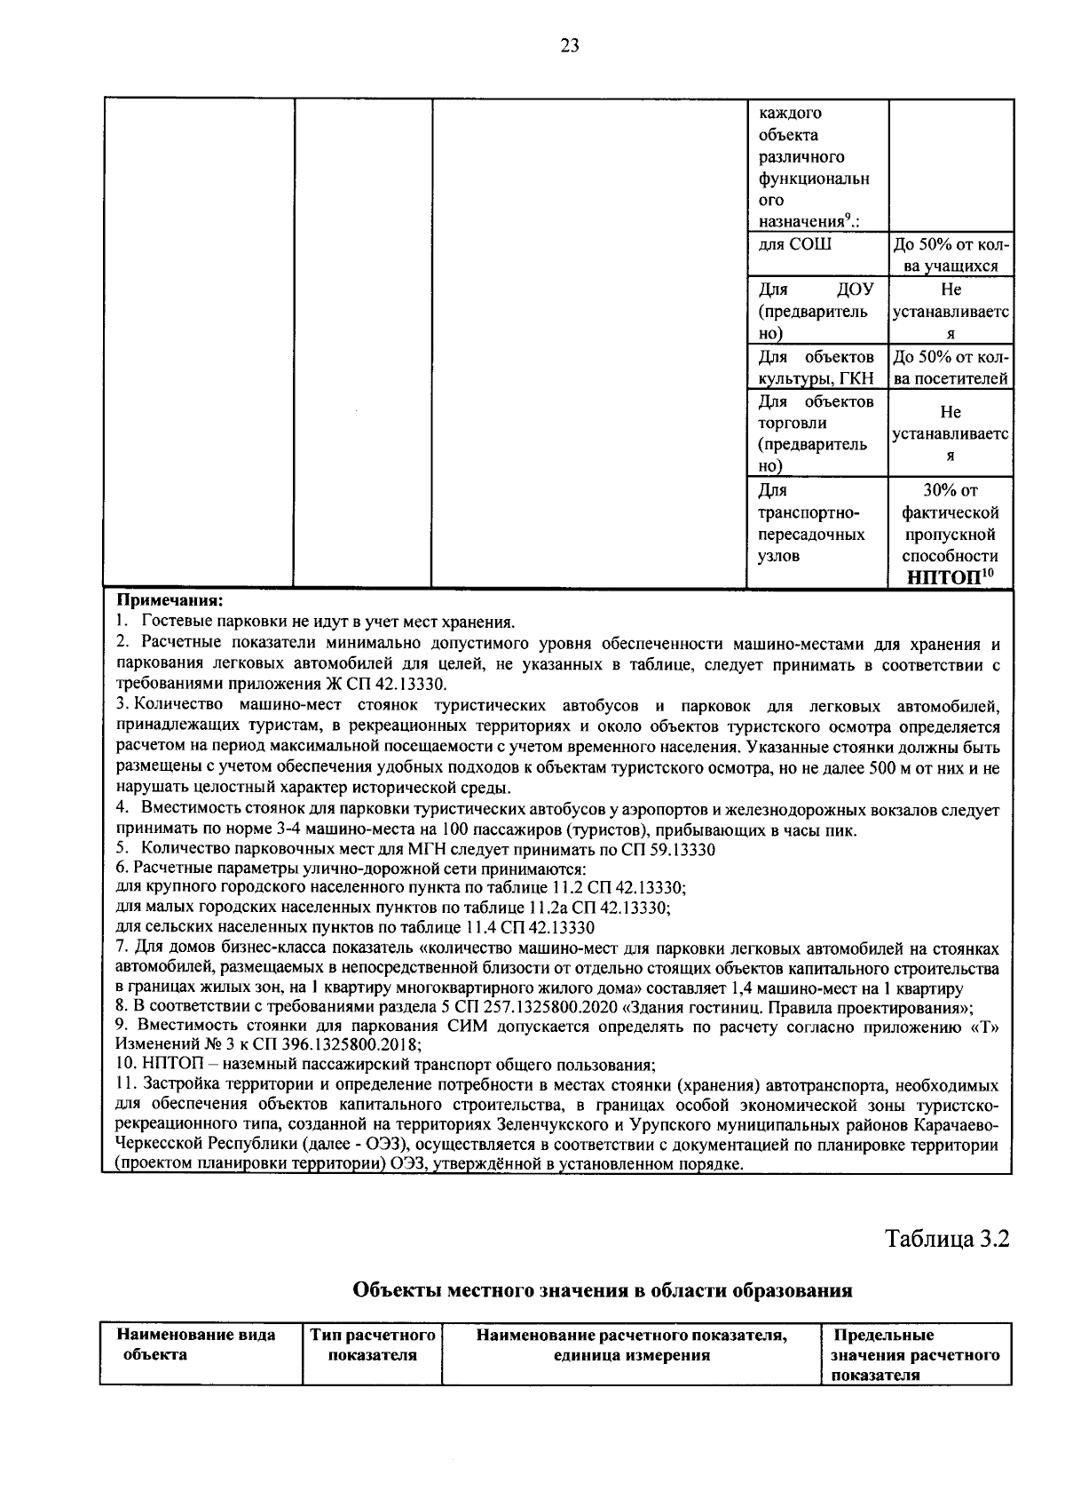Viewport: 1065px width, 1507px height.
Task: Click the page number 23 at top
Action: [569, 47]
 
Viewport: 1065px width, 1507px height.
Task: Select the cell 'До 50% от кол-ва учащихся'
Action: [950, 256]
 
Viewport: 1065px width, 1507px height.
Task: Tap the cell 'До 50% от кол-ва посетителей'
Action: [950, 368]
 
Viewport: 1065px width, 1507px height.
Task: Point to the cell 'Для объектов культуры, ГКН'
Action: [816, 368]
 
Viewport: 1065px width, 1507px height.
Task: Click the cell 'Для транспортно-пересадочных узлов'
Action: [811, 523]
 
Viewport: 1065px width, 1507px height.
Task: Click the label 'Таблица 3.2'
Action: [947, 1239]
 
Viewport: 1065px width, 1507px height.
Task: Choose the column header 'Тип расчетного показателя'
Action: [372, 1344]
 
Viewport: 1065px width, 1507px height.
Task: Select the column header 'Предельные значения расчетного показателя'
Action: [914, 1355]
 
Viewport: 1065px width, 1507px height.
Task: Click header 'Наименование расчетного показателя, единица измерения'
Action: [632, 1344]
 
